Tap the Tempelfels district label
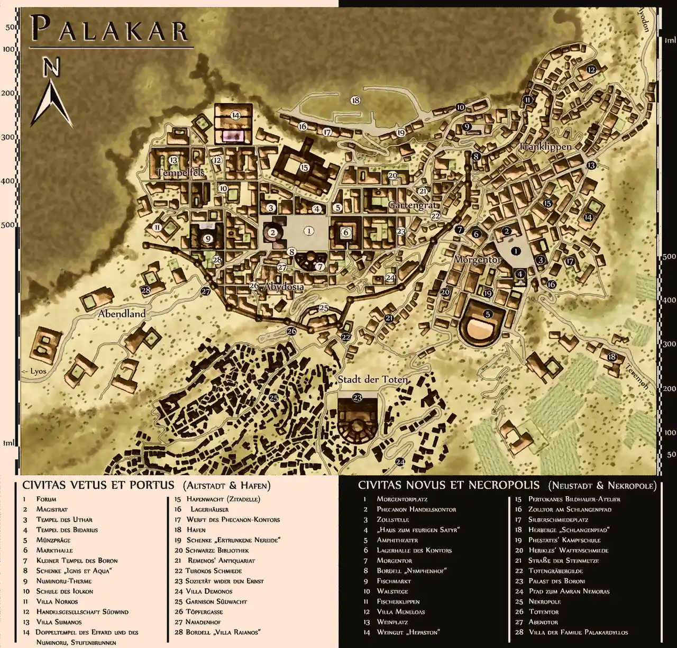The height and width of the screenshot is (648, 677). pos(180,173)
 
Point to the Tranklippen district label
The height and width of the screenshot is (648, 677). pos(545,147)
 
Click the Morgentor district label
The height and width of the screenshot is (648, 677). pos(477,260)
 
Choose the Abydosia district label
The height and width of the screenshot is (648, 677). pos(283,287)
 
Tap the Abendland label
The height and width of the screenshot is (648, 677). pos(122,314)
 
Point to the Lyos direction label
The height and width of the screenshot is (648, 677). pos(35,371)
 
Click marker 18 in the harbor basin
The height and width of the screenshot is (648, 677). pos(355,100)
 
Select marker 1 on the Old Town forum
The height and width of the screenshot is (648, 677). pos(309,231)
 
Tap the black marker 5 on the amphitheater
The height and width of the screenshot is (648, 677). pos(488,314)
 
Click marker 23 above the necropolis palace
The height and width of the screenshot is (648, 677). pos(357,398)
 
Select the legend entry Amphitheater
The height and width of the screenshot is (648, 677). pos(397,540)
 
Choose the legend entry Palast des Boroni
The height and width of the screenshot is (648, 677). pos(556,581)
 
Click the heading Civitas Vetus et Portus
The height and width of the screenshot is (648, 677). pos(98,485)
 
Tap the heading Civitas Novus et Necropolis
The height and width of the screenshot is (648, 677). pos(449,485)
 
